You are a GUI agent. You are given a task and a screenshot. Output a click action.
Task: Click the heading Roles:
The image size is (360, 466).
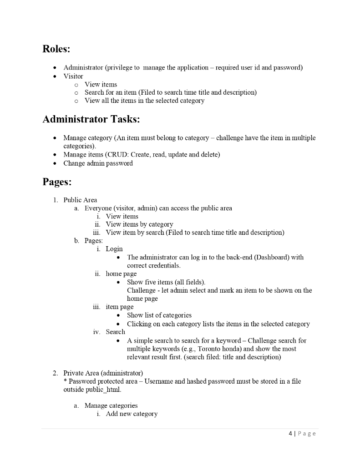(x=56, y=49)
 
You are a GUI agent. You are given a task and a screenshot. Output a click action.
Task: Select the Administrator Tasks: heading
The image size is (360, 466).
(x=91, y=119)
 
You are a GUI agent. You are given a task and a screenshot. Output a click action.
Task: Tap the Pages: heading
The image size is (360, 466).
(x=57, y=182)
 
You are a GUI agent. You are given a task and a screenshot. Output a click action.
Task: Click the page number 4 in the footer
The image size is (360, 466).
(x=290, y=434)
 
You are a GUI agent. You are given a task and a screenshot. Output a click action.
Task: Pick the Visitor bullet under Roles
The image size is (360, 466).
(x=73, y=76)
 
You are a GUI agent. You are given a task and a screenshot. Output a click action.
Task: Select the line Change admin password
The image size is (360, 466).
(x=98, y=163)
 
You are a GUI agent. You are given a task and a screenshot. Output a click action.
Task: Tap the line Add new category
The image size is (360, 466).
(x=132, y=414)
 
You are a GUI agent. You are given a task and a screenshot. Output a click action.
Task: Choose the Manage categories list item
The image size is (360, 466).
(x=111, y=405)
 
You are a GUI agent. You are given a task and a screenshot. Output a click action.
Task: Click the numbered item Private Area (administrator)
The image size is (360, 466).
(x=103, y=373)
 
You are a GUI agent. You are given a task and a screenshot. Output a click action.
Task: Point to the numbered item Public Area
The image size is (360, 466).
(x=80, y=200)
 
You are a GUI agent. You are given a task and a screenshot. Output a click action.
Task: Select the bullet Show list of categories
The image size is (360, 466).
(x=159, y=315)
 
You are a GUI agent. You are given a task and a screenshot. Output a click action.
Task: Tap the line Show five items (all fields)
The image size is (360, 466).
(x=166, y=282)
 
